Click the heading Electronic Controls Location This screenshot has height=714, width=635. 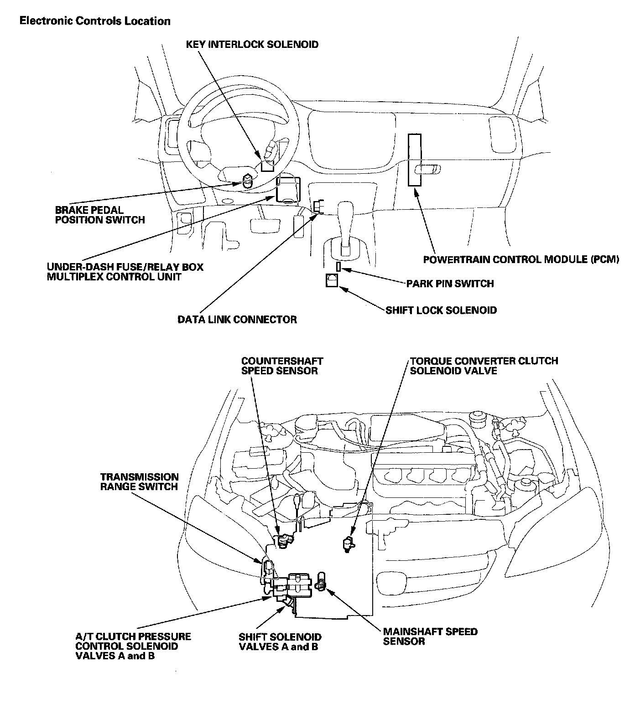tap(95, 21)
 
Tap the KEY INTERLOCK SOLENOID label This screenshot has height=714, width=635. tap(252, 45)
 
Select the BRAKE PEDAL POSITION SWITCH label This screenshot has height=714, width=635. tap(100, 215)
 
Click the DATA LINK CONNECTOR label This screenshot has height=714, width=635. tap(237, 320)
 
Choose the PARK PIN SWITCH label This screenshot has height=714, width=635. tap(450, 284)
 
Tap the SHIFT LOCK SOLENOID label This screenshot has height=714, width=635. tap(441, 310)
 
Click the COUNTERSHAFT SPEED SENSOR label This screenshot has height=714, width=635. tap(282, 366)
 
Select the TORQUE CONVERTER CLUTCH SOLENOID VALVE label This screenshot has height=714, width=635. tap(484, 366)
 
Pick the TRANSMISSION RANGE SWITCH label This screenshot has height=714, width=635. tap(139, 482)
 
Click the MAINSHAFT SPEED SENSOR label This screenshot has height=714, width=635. tap(430, 636)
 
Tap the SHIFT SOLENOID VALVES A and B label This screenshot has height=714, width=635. tap(280, 642)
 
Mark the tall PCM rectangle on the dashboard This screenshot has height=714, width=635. tap(414, 160)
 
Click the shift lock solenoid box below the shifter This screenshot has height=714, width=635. tap(332, 280)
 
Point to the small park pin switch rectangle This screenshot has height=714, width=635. tap(338, 266)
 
